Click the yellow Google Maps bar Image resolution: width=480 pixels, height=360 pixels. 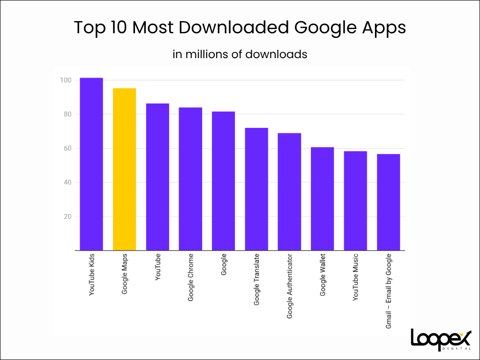point(125,169)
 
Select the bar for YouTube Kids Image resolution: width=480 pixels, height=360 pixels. point(91,164)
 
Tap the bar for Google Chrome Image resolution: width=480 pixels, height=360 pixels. point(190,179)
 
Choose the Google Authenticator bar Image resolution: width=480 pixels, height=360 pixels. point(289,192)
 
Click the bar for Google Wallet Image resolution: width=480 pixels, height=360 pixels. point(322,199)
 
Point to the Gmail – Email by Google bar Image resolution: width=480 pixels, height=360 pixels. point(389,202)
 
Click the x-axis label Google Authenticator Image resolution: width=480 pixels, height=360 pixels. point(290,286)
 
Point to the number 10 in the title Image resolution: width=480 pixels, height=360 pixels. point(119,28)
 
